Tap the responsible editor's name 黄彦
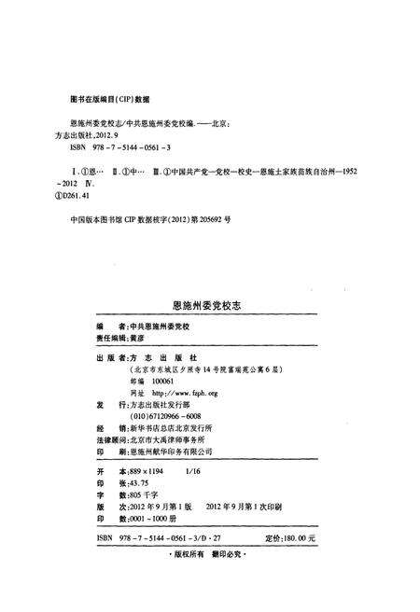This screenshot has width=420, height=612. pos(144,342)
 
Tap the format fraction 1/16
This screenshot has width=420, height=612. pos(195,473)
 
